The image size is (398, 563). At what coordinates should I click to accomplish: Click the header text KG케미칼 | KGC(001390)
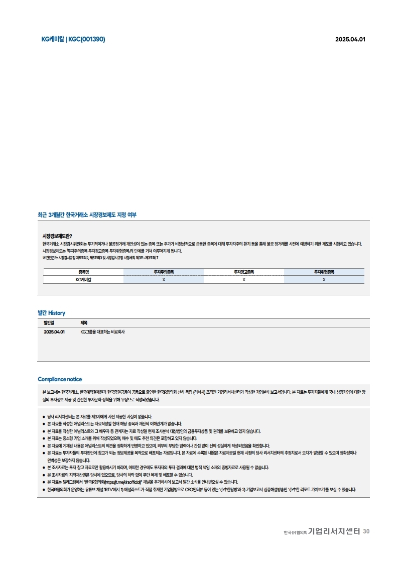click(73, 39)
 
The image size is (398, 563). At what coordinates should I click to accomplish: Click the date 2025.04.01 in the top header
click(350, 40)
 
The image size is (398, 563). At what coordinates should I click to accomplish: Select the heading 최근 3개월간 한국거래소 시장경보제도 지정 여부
click(87, 215)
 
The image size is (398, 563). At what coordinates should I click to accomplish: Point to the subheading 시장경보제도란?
click(57, 236)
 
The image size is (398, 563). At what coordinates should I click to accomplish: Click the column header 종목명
click(83, 272)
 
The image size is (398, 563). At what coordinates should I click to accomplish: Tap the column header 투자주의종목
click(164, 272)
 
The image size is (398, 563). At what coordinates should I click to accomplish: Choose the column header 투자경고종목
click(244, 272)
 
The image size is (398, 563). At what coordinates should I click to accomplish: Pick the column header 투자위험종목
click(324, 272)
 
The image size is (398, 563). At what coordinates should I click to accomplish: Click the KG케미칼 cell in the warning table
click(83, 279)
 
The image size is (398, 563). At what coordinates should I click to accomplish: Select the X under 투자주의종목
click(164, 279)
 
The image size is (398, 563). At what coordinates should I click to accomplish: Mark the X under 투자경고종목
click(244, 279)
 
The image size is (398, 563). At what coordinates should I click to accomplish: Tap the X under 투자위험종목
click(324, 279)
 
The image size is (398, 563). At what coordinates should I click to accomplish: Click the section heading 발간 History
click(51, 313)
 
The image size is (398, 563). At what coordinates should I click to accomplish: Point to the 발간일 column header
click(49, 322)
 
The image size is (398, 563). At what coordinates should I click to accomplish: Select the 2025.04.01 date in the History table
click(54, 332)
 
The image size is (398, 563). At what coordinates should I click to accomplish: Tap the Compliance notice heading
click(60, 379)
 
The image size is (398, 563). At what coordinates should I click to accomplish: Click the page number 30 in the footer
click(366, 531)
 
